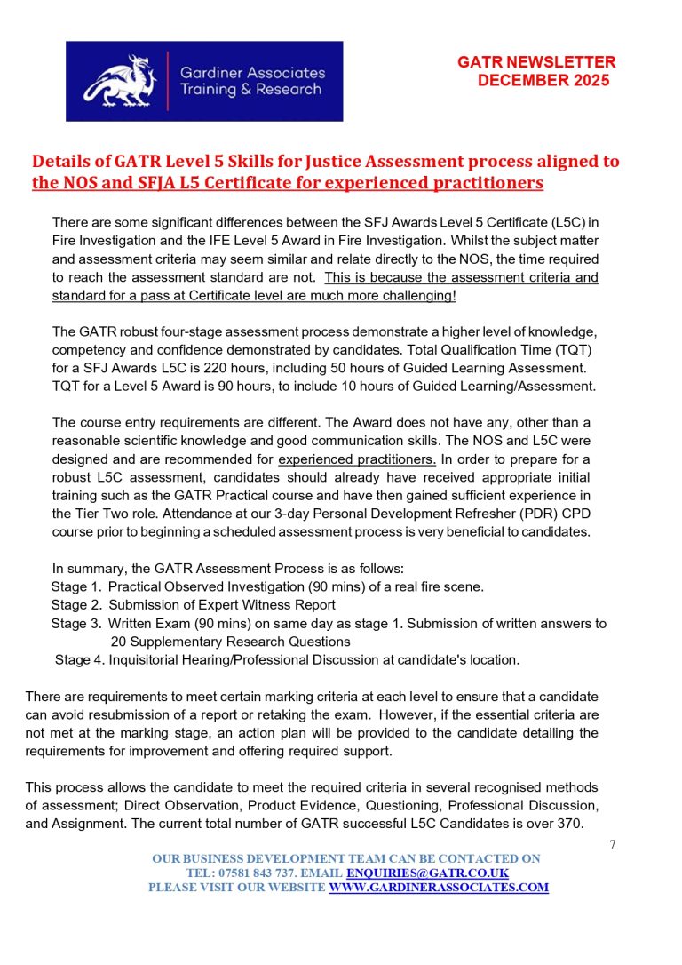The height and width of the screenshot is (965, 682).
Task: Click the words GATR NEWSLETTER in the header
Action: point(536,62)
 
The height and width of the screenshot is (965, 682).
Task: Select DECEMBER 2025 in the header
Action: point(543,80)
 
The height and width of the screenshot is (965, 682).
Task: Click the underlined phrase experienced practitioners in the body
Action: point(357,459)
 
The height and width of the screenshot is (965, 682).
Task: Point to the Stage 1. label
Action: point(76,587)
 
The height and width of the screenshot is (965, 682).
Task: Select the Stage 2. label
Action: point(76,605)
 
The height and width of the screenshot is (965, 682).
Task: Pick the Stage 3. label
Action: point(76,624)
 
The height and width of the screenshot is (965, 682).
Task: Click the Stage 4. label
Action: point(80,659)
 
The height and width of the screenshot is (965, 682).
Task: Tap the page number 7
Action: point(613,845)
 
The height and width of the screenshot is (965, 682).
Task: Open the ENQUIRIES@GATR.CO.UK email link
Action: point(427,873)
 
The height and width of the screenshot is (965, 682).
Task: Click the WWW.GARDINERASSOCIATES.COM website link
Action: point(439,888)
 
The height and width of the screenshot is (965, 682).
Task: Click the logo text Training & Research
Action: point(250,90)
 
